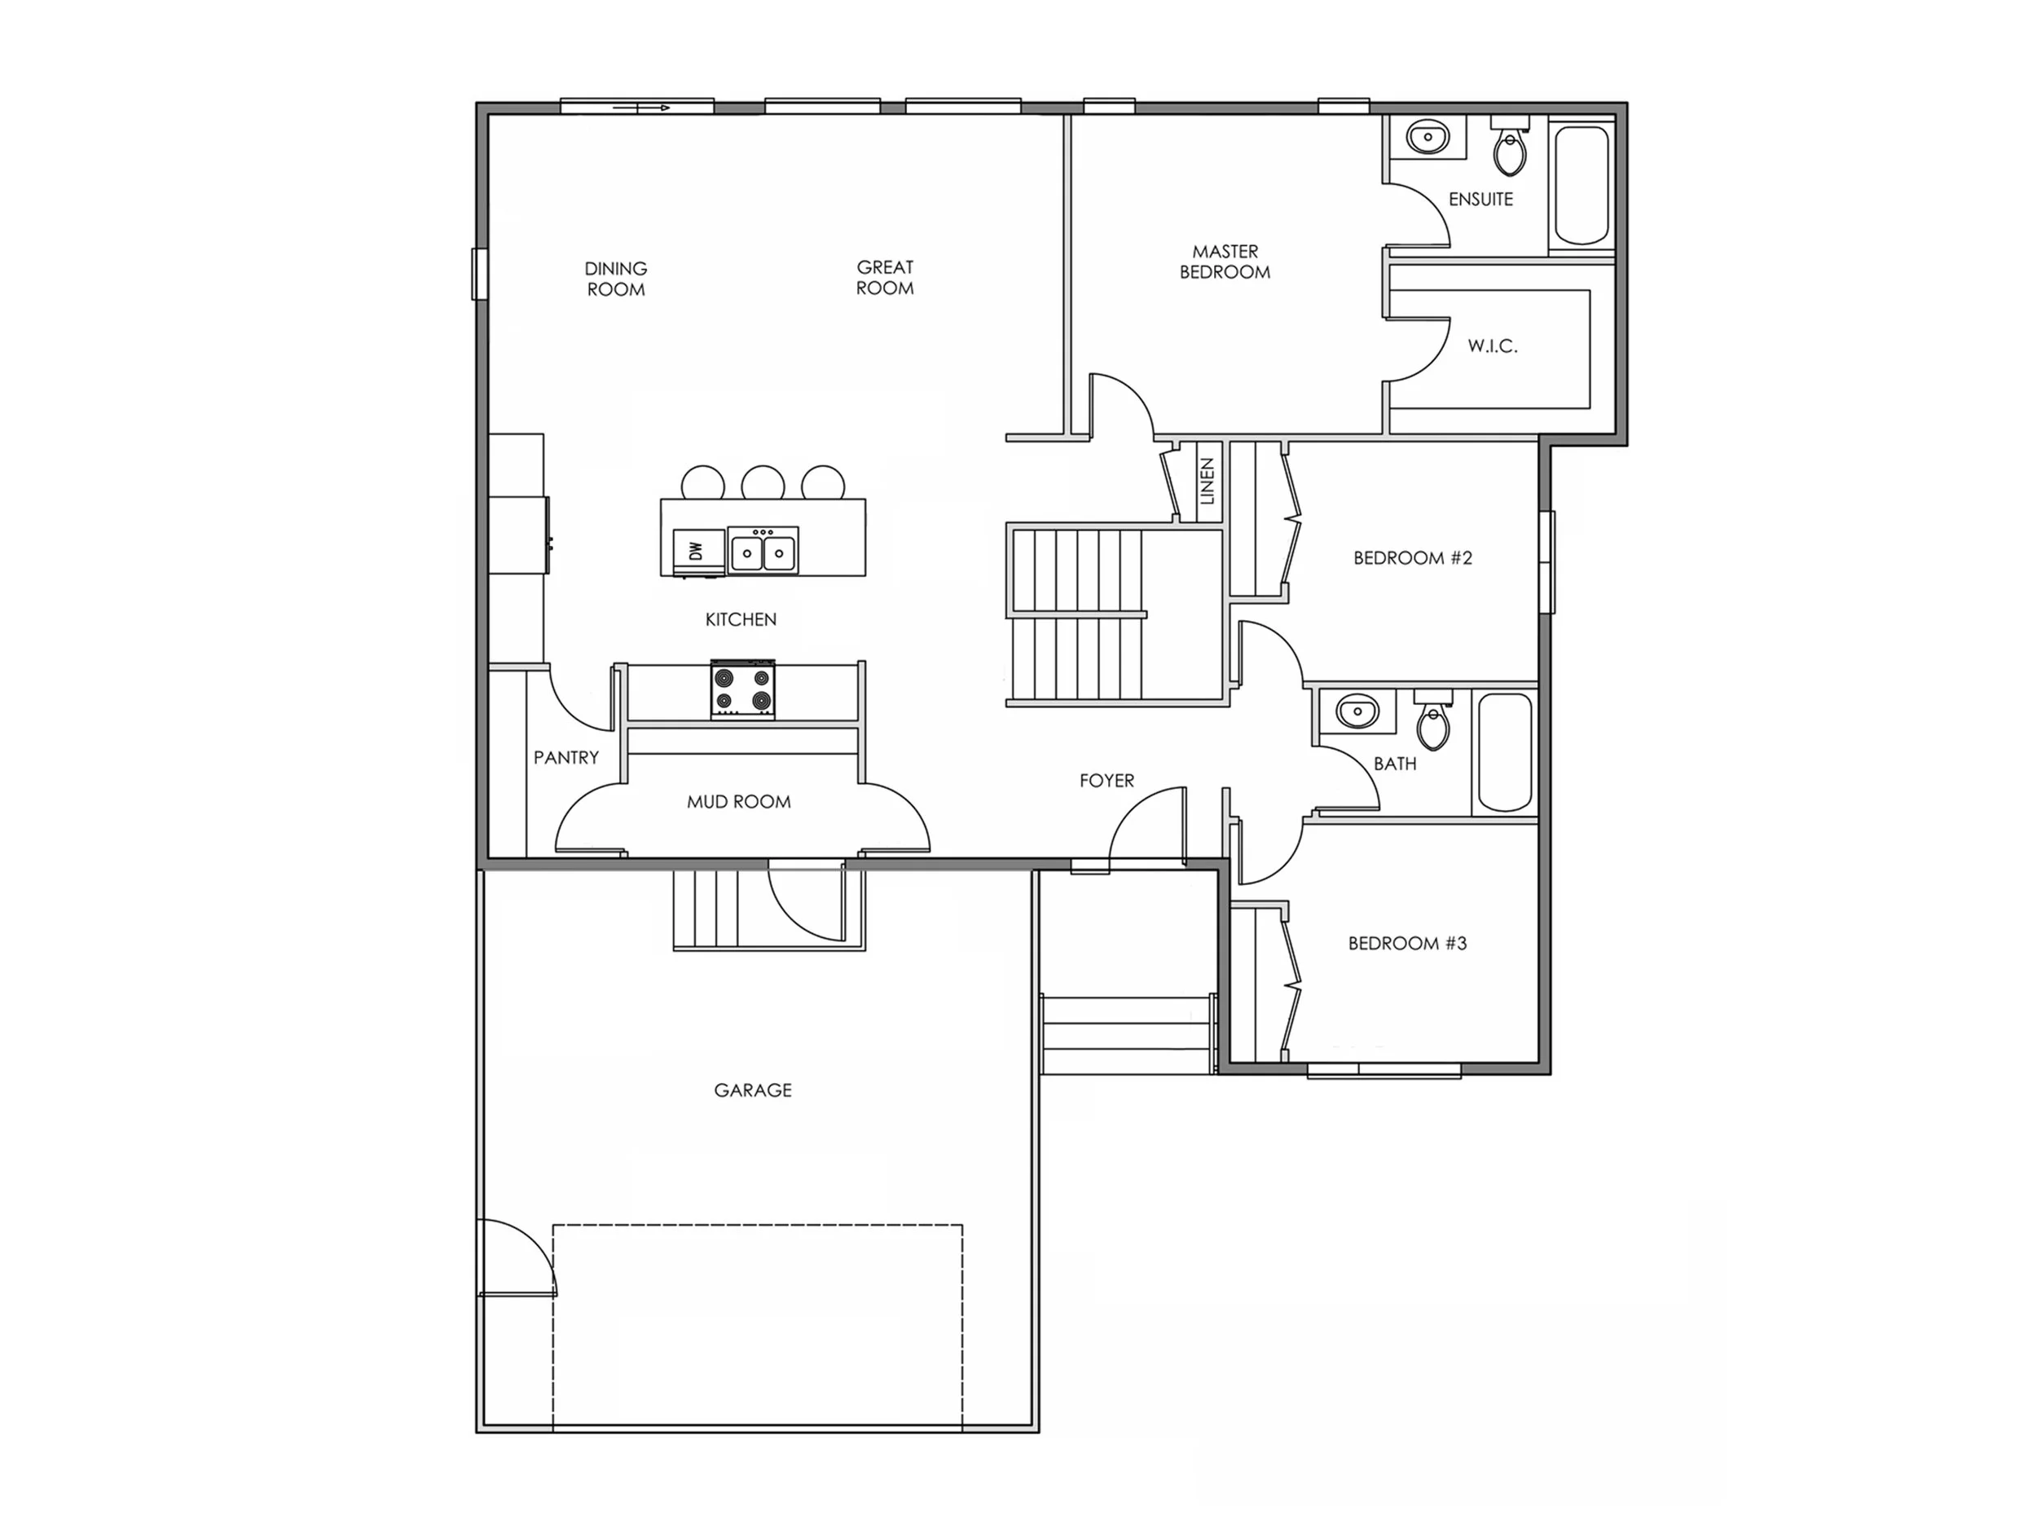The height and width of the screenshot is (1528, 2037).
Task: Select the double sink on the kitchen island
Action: [x=763, y=552]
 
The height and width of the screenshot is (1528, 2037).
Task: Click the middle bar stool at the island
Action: [x=763, y=483]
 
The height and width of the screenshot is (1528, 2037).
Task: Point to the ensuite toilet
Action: [x=1511, y=151]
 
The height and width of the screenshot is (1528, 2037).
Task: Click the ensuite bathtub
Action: [x=1582, y=184]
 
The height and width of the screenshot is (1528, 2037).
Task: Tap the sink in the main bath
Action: [x=1357, y=712]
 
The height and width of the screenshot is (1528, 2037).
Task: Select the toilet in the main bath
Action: [x=1433, y=724]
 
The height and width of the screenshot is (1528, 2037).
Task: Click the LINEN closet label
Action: [x=1208, y=482]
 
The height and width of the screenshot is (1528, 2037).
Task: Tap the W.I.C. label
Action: [x=1492, y=346]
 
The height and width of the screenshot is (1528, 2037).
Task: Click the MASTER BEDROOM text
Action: [x=1225, y=262]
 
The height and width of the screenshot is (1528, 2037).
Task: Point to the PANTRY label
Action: [x=566, y=757]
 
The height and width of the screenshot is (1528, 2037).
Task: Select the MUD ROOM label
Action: [x=738, y=802]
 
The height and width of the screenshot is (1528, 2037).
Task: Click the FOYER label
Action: [x=1106, y=781]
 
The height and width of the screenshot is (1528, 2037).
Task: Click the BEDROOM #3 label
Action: [x=1407, y=943]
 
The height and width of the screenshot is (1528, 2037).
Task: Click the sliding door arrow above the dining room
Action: [x=653, y=108]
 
